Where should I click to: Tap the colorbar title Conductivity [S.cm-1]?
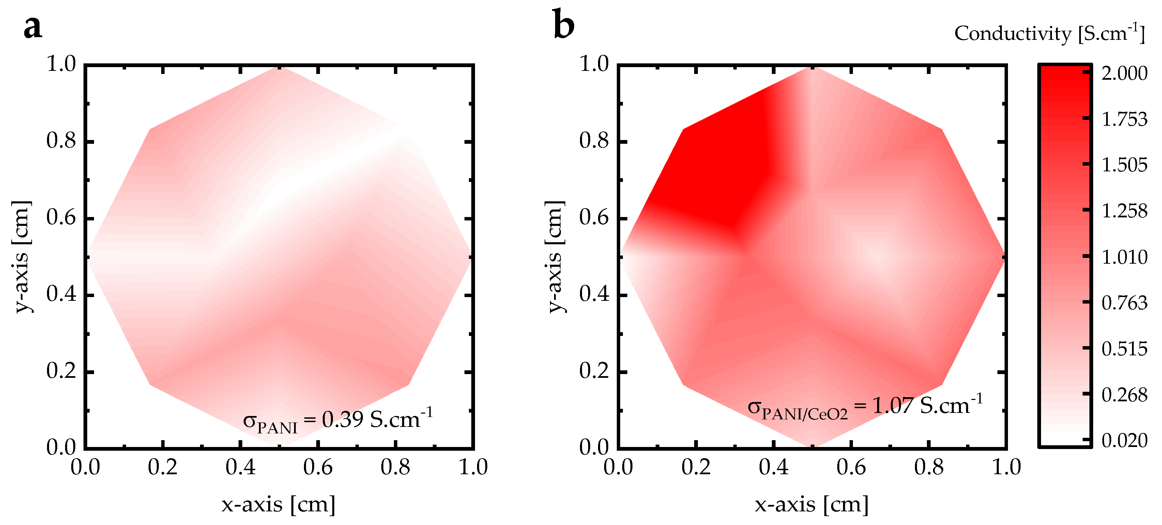click(1049, 33)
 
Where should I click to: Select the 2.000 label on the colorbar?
click(1124, 73)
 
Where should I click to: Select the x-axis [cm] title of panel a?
click(278, 504)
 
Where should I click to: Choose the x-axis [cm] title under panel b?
click(811, 504)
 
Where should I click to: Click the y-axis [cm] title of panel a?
click(22, 257)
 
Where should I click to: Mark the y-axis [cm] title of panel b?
click(555, 257)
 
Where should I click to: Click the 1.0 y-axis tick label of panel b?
click(594, 64)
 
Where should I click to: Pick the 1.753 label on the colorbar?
click(1124, 119)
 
